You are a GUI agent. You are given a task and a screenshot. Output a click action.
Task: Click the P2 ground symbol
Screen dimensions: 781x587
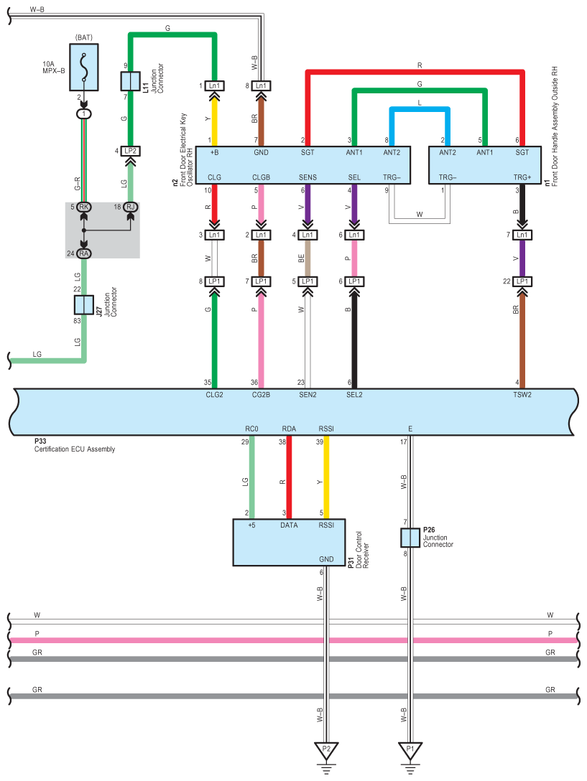(326, 752)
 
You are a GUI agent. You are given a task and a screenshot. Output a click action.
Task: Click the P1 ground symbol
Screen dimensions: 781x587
(410, 752)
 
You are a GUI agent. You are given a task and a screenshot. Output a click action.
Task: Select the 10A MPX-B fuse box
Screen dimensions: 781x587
(85, 67)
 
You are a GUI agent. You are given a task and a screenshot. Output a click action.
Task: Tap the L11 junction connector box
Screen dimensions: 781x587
(129, 81)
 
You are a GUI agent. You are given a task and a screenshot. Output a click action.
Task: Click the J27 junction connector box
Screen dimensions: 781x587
(85, 304)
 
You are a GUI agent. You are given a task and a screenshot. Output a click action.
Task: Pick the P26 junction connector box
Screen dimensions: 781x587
(410, 538)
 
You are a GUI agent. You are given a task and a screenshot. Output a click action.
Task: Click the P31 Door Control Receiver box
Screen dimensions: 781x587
(289, 542)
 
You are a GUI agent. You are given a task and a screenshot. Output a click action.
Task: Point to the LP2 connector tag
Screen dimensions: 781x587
(130, 151)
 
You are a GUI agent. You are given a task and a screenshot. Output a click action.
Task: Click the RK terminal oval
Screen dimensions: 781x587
(84, 207)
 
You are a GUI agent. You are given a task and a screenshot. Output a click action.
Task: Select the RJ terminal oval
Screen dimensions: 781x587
(130, 207)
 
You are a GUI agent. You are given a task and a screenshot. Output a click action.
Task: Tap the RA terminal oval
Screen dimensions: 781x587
(84, 253)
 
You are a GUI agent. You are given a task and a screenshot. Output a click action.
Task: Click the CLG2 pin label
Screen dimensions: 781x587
(214, 394)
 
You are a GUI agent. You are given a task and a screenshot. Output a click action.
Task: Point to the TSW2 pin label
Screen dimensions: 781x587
(522, 394)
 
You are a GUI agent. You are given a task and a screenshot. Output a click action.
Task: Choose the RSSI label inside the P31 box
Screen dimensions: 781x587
(327, 525)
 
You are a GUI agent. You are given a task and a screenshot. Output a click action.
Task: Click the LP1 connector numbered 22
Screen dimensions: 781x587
(522, 281)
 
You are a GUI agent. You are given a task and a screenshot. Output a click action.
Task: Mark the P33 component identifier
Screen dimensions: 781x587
(40, 442)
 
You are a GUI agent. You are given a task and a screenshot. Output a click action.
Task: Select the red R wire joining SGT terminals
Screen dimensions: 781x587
(417, 71)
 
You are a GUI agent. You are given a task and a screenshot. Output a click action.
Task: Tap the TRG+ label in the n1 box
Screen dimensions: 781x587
(522, 177)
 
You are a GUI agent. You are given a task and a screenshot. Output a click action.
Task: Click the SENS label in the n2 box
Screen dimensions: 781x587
(308, 177)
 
